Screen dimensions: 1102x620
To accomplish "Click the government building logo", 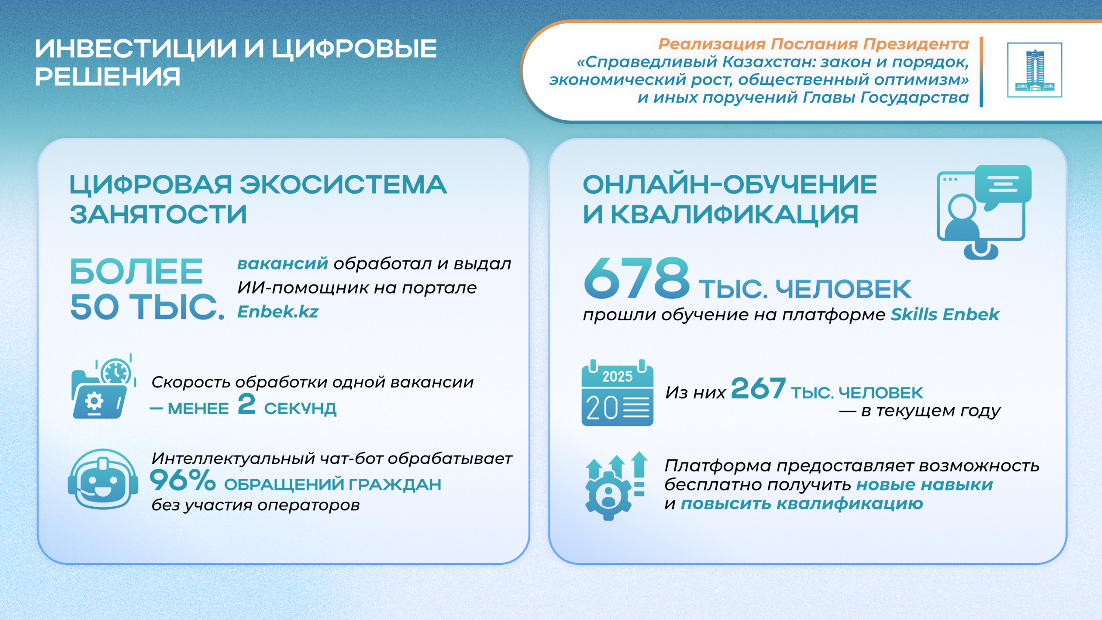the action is pyautogui.click(x=1034, y=70).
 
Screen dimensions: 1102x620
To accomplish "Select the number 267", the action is pyautogui.click(x=758, y=388).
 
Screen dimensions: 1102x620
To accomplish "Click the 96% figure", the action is pyautogui.click(x=183, y=480).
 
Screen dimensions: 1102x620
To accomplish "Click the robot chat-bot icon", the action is pyautogui.click(x=103, y=479).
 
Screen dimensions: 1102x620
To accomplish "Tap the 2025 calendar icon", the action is pyautogui.click(x=617, y=393).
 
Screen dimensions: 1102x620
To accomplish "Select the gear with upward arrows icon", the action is pyautogui.click(x=616, y=486).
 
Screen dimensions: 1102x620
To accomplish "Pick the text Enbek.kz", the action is pyautogui.click(x=278, y=311).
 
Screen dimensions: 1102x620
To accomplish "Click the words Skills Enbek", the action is pyautogui.click(x=945, y=314).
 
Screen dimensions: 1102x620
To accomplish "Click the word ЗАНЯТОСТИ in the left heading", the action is pyautogui.click(x=158, y=214).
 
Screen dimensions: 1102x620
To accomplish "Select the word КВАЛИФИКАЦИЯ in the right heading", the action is pyautogui.click(x=734, y=214).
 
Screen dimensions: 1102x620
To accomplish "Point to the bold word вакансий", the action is pyautogui.click(x=283, y=263).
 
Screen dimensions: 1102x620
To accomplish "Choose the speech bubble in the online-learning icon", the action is pyautogui.click(x=1003, y=186).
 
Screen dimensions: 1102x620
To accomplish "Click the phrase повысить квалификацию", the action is pyautogui.click(x=802, y=503).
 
